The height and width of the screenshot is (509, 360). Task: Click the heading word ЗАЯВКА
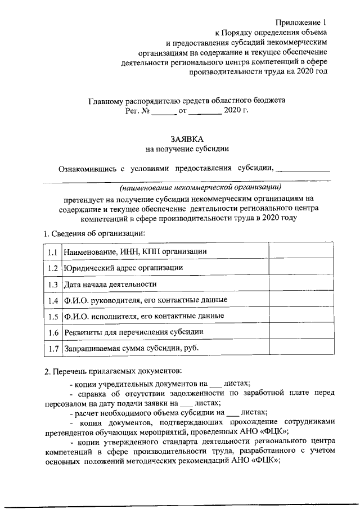tap(187, 138)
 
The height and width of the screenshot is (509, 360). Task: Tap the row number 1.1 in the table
tap(53, 251)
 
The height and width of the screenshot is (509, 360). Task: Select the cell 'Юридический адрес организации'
tap(123, 268)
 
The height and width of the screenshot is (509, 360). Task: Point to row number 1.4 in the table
tap(53, 300)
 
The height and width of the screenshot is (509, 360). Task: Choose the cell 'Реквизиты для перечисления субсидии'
tap(133, 332)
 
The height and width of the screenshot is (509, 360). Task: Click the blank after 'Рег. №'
tap(164, 111)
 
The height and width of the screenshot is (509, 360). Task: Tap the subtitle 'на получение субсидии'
tap(187, 149)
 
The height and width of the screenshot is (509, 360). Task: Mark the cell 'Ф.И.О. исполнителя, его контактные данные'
tap(144, 316)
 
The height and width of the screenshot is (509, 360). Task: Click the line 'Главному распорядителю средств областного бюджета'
tap(187, 101)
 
